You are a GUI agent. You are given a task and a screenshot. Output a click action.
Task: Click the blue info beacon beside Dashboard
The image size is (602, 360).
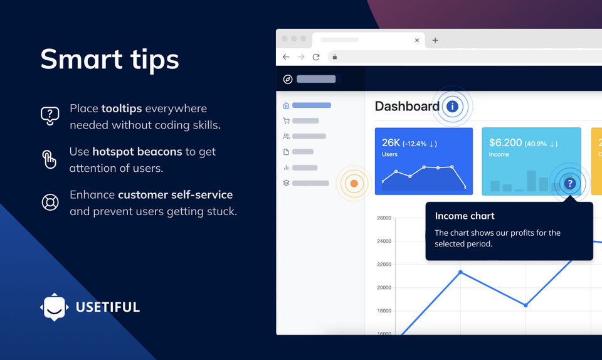[452, 107]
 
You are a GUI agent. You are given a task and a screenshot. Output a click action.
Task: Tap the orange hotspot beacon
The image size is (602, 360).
[354, 184]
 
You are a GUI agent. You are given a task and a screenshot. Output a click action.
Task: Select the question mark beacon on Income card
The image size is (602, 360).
[570, 184]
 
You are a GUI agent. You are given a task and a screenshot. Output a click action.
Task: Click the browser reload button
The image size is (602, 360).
[316, 57]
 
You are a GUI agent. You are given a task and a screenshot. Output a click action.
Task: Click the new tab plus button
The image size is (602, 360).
[435, 40]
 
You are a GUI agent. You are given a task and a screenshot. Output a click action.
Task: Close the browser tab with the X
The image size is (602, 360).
[417, 40]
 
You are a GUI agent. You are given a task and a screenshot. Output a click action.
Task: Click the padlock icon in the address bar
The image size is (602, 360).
[335, 57]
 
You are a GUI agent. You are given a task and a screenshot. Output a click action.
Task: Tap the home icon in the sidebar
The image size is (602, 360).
[286, 105]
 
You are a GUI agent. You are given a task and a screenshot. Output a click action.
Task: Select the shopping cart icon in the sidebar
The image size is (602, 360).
[286, 121]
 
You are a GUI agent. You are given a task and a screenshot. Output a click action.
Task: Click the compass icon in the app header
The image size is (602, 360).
[288, 79]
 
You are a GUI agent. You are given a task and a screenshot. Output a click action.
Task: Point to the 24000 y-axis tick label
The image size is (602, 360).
[384, 241]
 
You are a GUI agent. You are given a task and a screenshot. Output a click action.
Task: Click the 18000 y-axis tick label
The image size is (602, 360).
[384, 310]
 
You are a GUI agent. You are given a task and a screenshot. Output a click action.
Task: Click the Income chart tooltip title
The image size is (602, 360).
[465, 216]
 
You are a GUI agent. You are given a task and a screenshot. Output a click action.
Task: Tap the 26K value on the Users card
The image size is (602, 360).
[391, 143]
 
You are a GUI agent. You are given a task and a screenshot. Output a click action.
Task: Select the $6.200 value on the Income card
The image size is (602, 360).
[505, 143]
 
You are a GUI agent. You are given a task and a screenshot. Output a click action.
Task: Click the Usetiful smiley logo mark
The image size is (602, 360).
[55, 307]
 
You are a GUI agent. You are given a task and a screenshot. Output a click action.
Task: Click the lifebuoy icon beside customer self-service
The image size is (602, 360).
[50, 202]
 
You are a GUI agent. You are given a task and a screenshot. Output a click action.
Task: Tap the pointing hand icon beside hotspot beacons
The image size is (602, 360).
[49, 160]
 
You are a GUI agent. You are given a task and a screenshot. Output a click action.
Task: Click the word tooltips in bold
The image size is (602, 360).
[122, 109]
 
